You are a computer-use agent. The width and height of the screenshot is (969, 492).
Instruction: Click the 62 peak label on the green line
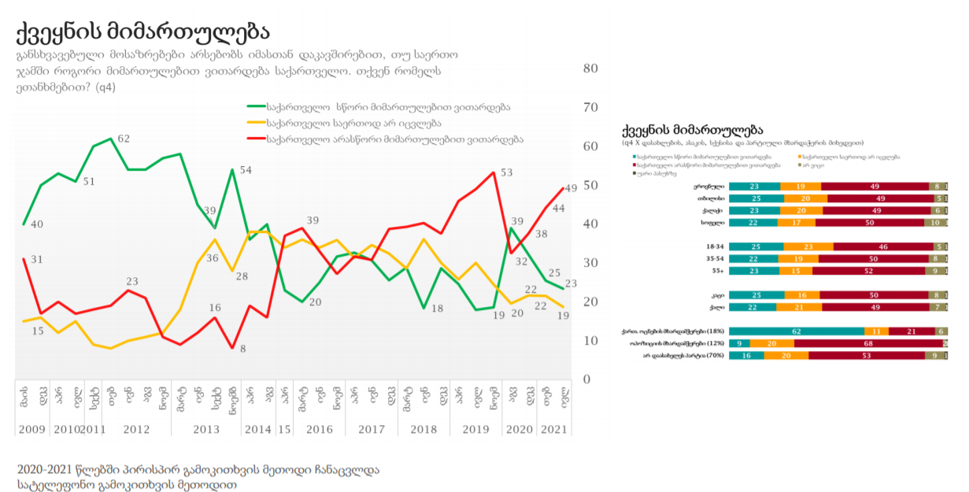click(x=124, y=139)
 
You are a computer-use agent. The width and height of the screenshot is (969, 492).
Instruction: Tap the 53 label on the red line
click(x=506, y=172)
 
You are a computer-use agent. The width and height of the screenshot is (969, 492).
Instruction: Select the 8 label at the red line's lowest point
click(x=243, y=349)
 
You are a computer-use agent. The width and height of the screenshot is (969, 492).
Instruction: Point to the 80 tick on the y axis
click(x=590, y=68)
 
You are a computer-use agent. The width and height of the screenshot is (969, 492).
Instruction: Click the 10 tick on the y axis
click(x=590, y=341)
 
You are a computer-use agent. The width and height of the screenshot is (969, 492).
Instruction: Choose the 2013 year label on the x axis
click(x=206, y=429)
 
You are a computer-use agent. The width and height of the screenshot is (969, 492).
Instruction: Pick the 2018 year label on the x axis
click(x=423, y=429)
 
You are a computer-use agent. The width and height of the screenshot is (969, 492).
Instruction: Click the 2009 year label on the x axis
click(x=32, y=429)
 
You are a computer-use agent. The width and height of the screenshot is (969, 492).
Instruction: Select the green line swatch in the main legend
click(x=255, y=106)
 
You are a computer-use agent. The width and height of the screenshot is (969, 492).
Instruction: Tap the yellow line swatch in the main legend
click(x=255, y=123)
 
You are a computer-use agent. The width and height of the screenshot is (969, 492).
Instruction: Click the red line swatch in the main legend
click(x=255, y=139)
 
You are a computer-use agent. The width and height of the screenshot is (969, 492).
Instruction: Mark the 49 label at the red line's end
click(x=571, y=187)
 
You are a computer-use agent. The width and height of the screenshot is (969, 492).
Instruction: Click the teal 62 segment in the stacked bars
click(x=796, y=331)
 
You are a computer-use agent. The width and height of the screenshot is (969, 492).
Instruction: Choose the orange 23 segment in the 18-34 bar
click(x=808, y=246)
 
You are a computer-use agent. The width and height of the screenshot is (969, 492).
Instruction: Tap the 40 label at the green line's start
click(x=37, y=224)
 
